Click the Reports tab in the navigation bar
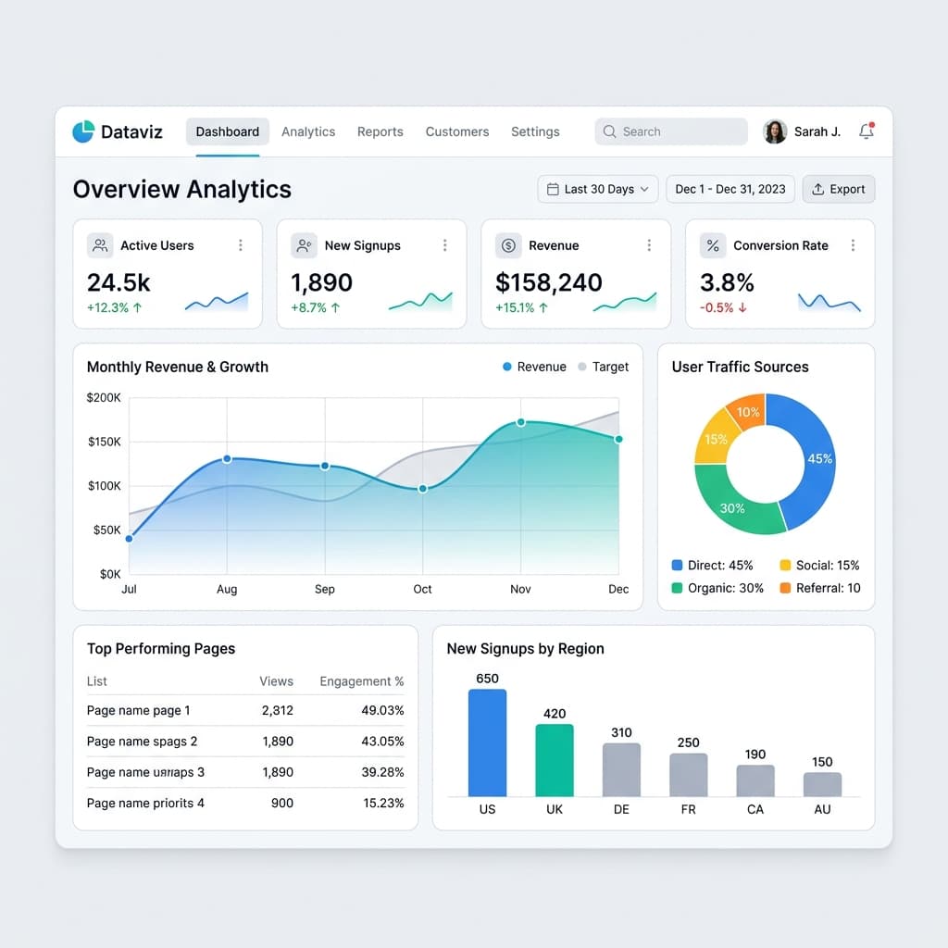380,131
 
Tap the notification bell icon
867,131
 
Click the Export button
838,189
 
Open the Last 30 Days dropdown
598,189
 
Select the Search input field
671,131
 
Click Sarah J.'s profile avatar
775,131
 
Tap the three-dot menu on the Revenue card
649,245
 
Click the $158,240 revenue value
549,282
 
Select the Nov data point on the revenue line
520,422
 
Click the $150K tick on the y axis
104,442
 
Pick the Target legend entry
603,367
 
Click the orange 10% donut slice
746,412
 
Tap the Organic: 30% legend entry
717,588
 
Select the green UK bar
555,759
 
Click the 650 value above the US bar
487,678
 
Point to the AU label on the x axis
822,809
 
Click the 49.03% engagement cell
382,710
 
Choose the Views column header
276,681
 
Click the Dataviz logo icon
83,131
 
